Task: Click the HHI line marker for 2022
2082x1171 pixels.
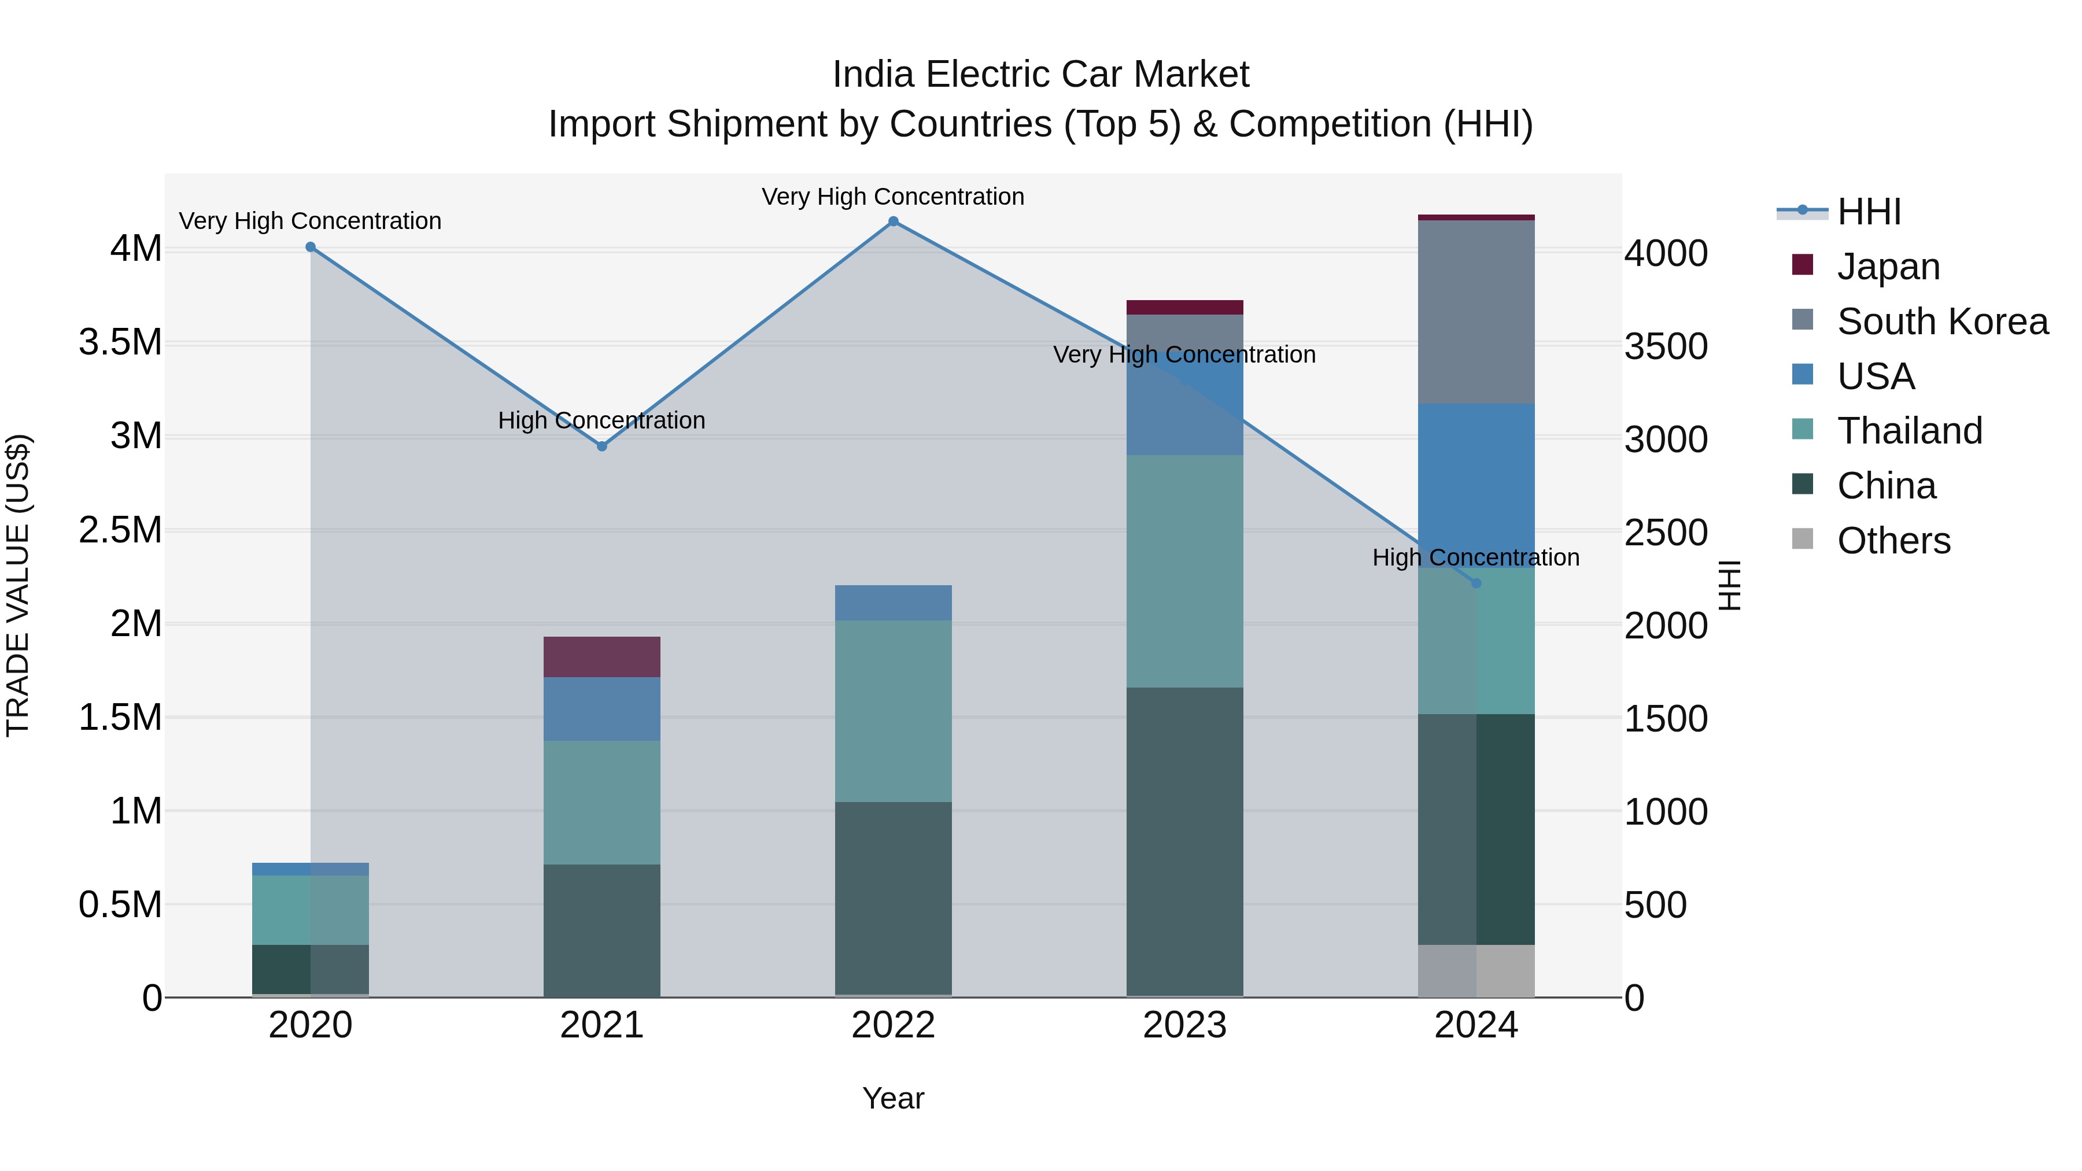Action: (x=893, y=221)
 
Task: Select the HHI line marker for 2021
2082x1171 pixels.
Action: (x=602, y=446)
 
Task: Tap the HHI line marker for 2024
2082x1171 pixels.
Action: (x=1476, y=583)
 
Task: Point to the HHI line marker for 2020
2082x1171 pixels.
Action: (x=311, y=248)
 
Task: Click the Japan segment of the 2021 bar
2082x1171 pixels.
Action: (x=602, y=657)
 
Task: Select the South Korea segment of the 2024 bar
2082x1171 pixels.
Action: (x=1476, y=312)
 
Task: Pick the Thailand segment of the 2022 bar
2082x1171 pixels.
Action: (x=893, y=711)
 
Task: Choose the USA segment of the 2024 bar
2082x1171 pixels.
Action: (x=1476, y=485)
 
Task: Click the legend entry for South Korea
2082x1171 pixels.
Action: (x=1941, y=322)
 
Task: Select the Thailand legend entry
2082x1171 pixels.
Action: (x=1909, y=431)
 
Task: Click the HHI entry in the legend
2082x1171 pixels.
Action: (x=1869, y=212)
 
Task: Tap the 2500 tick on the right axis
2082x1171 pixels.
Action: (x=1666, y=533)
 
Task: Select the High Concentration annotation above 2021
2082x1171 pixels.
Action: (x=602, y=421)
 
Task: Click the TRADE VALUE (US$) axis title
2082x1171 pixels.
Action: (x=19, y=585)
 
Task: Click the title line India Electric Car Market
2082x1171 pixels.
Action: (x=1040, y=75)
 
